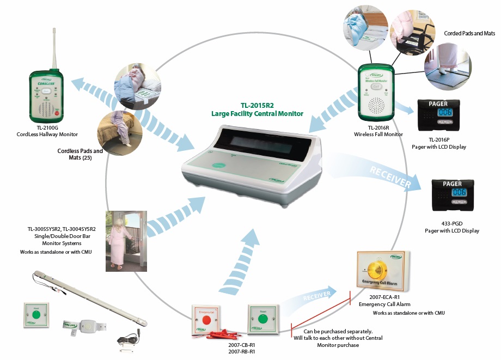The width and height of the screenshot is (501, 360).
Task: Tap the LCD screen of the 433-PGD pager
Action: point(457,193)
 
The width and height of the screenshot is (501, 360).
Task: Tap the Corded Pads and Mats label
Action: point(469,33)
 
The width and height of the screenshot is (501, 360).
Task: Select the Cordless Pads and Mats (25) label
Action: point(80,155)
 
